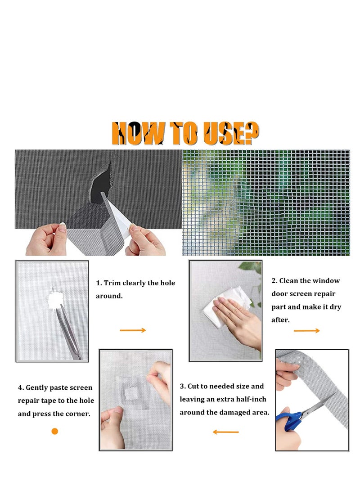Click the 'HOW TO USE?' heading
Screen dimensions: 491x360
185,133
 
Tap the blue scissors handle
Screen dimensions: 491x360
287,418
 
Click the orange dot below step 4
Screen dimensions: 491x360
55,431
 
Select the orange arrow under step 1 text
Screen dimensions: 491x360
133,330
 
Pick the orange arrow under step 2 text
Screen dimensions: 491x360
307,331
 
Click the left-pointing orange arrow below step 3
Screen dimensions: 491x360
225,432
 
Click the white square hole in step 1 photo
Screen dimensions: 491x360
55,298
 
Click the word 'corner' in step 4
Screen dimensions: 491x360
77,414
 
